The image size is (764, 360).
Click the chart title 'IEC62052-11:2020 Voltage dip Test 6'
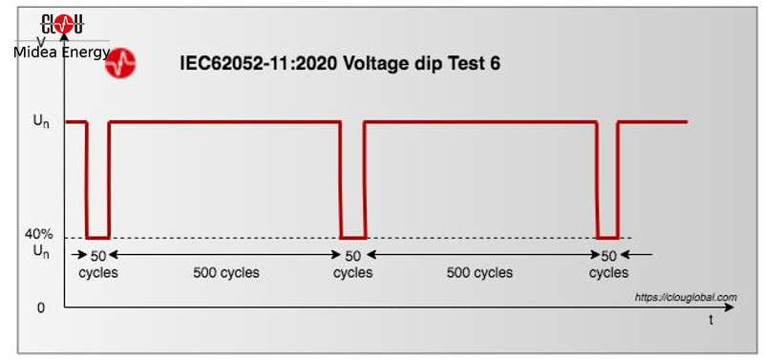[340, 64]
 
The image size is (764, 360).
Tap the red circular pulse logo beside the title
[120, 64]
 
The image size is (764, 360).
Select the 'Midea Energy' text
[62, 52]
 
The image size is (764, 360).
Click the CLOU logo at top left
[63, 23]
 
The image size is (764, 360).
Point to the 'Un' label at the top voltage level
[41, 122]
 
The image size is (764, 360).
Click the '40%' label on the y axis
[39, 235]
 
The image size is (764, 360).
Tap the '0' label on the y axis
[40, 307]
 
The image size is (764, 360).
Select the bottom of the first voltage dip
[97, 237]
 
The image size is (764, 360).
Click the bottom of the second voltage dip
[353, 237]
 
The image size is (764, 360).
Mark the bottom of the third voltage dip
[608, 237]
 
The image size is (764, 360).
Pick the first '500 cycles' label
[225, 272]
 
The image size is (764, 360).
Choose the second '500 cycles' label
[479, 272]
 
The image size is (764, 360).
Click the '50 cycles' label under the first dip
[97, 264]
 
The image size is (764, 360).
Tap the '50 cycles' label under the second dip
[353, 264]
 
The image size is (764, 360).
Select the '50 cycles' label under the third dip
[608, 264]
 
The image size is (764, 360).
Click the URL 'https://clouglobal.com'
[686, 297]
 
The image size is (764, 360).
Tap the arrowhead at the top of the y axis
[65, 37]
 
